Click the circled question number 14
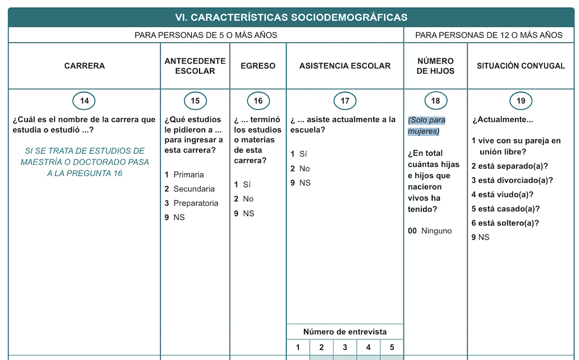84,101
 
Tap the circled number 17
345,101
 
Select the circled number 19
521,101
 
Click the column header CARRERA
84,66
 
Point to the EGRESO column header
258,66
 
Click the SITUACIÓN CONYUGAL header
521,66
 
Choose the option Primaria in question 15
188,175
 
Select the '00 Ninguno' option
430,231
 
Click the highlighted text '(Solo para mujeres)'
426,126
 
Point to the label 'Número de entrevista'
345,332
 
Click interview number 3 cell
345,347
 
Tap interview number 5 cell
392,347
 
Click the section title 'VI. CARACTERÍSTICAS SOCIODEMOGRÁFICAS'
291,17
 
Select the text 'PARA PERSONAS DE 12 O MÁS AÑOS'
489,35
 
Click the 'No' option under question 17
304,169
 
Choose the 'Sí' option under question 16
247,185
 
